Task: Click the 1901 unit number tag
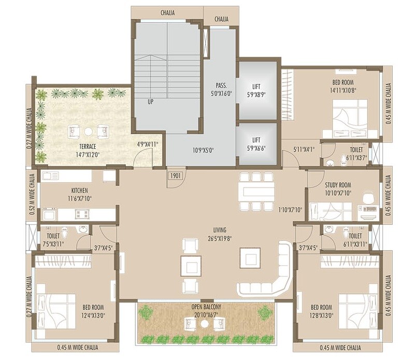pos(174,176)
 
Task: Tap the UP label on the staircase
pos(150,102)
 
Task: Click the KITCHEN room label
pos(80,190)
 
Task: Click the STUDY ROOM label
pos(338,184)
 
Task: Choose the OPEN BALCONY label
pos(205,307)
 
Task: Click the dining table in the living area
pos(255,191)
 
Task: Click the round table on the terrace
pos(89,131)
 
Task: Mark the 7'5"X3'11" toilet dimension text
pos(52,243)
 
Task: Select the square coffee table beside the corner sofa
pos(249,257)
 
